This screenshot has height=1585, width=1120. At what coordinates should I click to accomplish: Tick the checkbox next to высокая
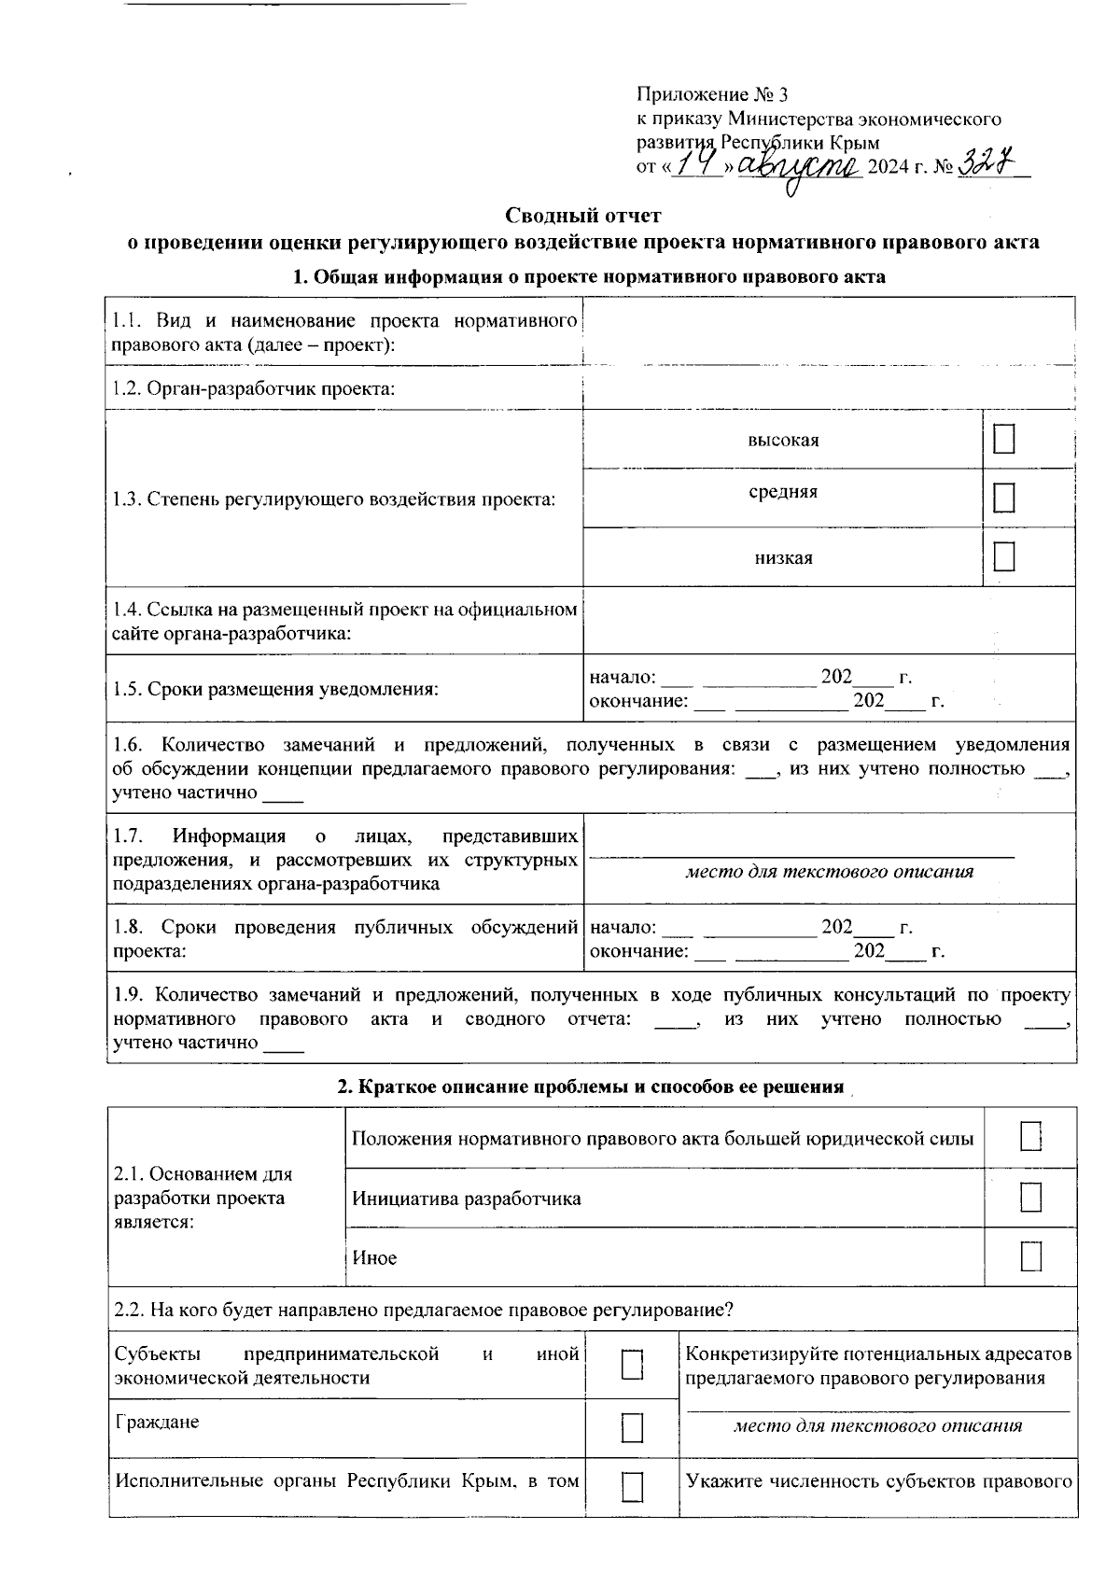1004,440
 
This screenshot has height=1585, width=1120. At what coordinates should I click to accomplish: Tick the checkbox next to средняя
1004,498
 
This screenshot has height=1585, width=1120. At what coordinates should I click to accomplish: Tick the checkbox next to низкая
1004,556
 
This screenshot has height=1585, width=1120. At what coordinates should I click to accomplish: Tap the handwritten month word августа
800,168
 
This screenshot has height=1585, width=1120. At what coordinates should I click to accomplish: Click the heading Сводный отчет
583,216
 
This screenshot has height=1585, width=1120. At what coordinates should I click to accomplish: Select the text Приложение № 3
712,94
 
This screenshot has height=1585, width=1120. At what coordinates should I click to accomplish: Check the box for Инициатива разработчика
1030,1198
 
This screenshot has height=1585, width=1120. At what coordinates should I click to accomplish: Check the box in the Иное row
1030,1256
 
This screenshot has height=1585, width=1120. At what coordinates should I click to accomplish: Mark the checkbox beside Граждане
633,1427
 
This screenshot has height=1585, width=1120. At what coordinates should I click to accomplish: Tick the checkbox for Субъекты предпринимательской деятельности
633,1366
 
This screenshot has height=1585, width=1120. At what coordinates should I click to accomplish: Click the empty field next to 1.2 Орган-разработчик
828,388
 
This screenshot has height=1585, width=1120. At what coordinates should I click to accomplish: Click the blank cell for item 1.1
828,332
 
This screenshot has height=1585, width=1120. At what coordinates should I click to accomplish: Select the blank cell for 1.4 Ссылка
828,621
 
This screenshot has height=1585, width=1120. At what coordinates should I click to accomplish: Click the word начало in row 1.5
623,677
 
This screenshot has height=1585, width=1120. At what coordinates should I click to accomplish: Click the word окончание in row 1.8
638,951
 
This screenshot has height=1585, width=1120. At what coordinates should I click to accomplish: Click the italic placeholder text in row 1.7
829,872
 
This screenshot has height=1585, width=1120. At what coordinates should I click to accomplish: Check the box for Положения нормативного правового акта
1030,1138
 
